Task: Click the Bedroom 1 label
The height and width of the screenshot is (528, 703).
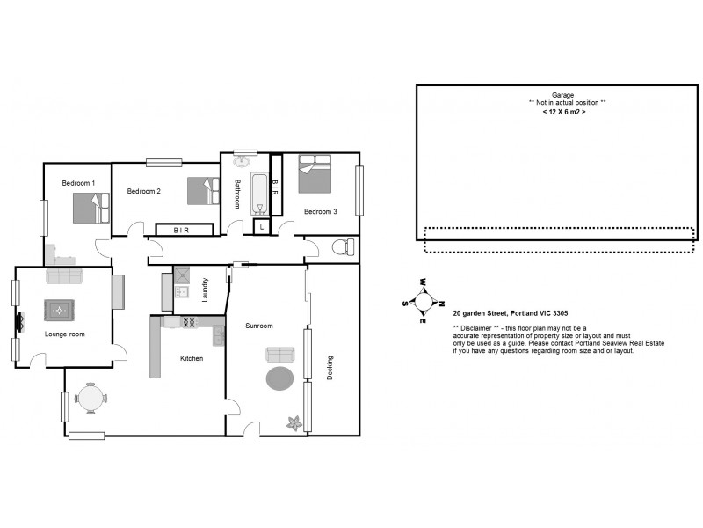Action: point(78,183)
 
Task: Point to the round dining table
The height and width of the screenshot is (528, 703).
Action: point(91,398)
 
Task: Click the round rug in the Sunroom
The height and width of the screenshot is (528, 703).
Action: point(279,378)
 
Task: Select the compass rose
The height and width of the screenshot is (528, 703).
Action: point(424,300)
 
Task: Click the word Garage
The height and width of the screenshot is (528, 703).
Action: point(562,94)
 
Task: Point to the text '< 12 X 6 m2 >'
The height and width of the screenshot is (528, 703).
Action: point(563,113)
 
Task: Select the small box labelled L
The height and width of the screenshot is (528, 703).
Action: point(261,227)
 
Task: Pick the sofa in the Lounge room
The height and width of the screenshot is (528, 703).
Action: point(64,276)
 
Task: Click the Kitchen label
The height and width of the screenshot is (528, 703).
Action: point(192,358)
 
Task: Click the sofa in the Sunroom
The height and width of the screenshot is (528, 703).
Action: point(280,354)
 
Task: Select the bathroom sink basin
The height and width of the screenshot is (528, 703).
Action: point(243,163)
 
